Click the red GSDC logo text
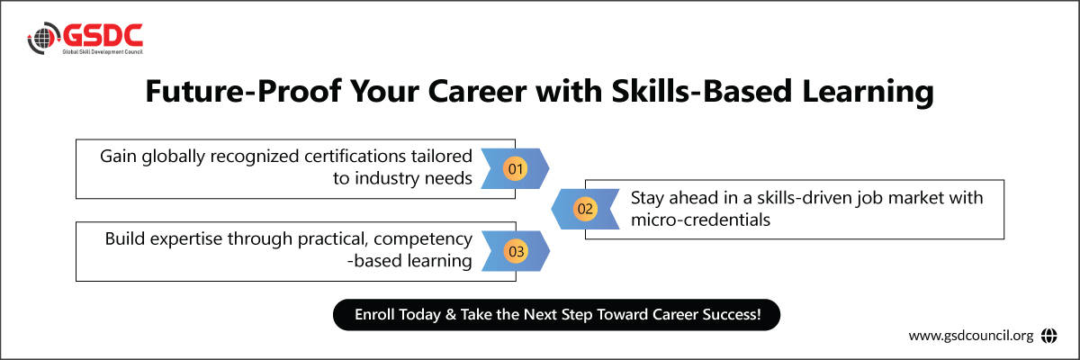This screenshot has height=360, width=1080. (103, 36)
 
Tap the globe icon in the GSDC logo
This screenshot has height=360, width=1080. (43, 38)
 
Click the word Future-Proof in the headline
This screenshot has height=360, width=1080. (244, 91)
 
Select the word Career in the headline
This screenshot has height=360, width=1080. (477, 91)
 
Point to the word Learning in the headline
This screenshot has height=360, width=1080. (868, 92)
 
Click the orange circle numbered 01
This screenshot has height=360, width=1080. (515, 168)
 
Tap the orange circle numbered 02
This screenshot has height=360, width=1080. (585, 209)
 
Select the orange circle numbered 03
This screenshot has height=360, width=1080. (516, 251)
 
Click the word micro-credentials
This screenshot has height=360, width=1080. (700, 220)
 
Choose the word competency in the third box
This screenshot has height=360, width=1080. (423, 239)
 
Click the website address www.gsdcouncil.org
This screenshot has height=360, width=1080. (971, 336)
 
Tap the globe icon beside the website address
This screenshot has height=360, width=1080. (1048, 336)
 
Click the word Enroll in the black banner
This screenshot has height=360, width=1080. (374, 315)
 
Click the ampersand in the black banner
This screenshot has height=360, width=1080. (451, 315)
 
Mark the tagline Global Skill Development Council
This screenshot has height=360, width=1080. (103, 52)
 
